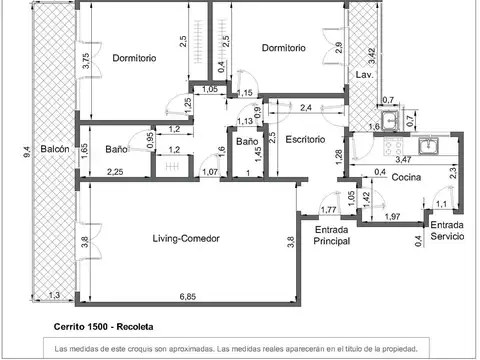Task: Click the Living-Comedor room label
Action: [186, 239]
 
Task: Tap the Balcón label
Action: [55, 149]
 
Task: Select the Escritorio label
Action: [305, 139]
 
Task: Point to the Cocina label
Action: [406, 177]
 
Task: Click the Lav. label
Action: [364, 75]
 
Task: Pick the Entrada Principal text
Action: [332, 235]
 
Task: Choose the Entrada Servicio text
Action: [447, 230]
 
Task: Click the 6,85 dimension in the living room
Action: [188, 296]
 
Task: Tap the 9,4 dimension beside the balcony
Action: [27, 152]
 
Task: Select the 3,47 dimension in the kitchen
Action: [403, 160]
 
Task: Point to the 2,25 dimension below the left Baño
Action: [115, 172]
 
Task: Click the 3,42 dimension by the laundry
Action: [372, 56]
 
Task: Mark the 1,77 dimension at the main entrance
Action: [328, 210]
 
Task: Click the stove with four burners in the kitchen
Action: [394, 146]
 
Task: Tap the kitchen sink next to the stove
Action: [428, 146]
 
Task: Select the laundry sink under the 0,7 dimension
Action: [390, 121]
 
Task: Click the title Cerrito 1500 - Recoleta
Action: [103, 327]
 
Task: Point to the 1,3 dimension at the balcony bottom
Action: [54, 295]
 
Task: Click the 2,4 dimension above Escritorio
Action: [306, 108]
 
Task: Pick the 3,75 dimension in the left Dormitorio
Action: [86, 61]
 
